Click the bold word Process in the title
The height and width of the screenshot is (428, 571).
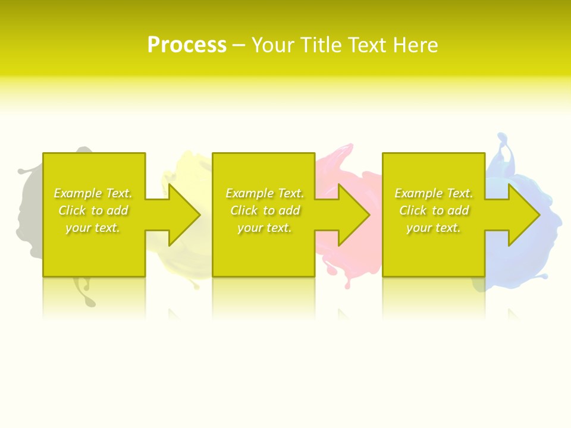187,45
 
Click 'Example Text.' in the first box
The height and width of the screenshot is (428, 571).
93,193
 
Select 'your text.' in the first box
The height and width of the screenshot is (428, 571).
93,228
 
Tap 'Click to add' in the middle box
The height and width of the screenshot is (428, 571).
265,210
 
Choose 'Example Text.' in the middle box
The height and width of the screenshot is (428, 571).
265,193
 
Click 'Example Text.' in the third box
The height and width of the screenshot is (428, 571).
434,193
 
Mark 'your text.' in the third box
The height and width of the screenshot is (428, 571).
434,228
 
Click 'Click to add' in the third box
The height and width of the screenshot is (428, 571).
434,210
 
